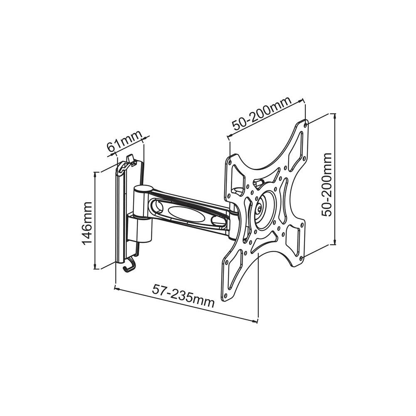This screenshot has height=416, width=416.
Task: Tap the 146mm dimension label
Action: coord(87,223)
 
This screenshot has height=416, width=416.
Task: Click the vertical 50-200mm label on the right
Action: coord(327,185)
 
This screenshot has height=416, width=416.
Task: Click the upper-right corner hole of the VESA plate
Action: coord(306,124)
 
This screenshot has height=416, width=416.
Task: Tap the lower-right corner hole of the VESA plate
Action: coord(301,258)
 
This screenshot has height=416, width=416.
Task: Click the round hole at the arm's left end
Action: coord(157,205)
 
